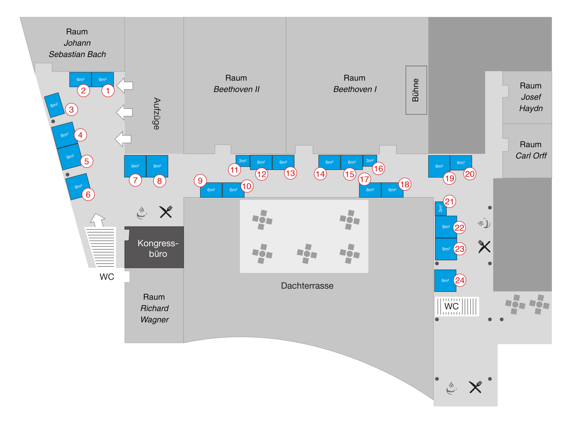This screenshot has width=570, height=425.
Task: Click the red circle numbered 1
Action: click(x=108, y=91)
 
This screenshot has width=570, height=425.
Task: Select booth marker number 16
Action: click(x=378, y=169)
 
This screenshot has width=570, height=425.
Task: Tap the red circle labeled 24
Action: click(x=460, y=280)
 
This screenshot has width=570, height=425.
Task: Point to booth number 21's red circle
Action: click(x=449, y=201)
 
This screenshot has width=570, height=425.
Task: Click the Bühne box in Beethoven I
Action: click(x=416, y=90)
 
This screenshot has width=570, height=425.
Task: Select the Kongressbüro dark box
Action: click(x=154, y=247)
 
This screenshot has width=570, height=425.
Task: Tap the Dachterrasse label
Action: click(x=307, y=286)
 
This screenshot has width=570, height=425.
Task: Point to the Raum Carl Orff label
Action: click(x=531, y=150)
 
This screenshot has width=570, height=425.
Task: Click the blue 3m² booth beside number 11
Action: click(x=242, y=161)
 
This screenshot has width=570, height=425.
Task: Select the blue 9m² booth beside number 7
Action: click(x=135, y=166)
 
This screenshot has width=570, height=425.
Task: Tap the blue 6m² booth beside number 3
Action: click(x=54, y=105)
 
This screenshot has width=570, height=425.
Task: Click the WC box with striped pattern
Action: click(x=457, y=306)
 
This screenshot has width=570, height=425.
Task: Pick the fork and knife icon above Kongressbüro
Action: click(x=166, y=212)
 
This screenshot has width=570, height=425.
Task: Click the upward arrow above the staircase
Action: click(x=98, y=220)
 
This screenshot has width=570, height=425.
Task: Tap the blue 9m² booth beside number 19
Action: click(x=439, y=166)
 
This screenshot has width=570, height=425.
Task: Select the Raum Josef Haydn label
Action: click(x=531, y=97)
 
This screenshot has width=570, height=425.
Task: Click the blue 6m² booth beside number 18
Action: click(x=392, y=190)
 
